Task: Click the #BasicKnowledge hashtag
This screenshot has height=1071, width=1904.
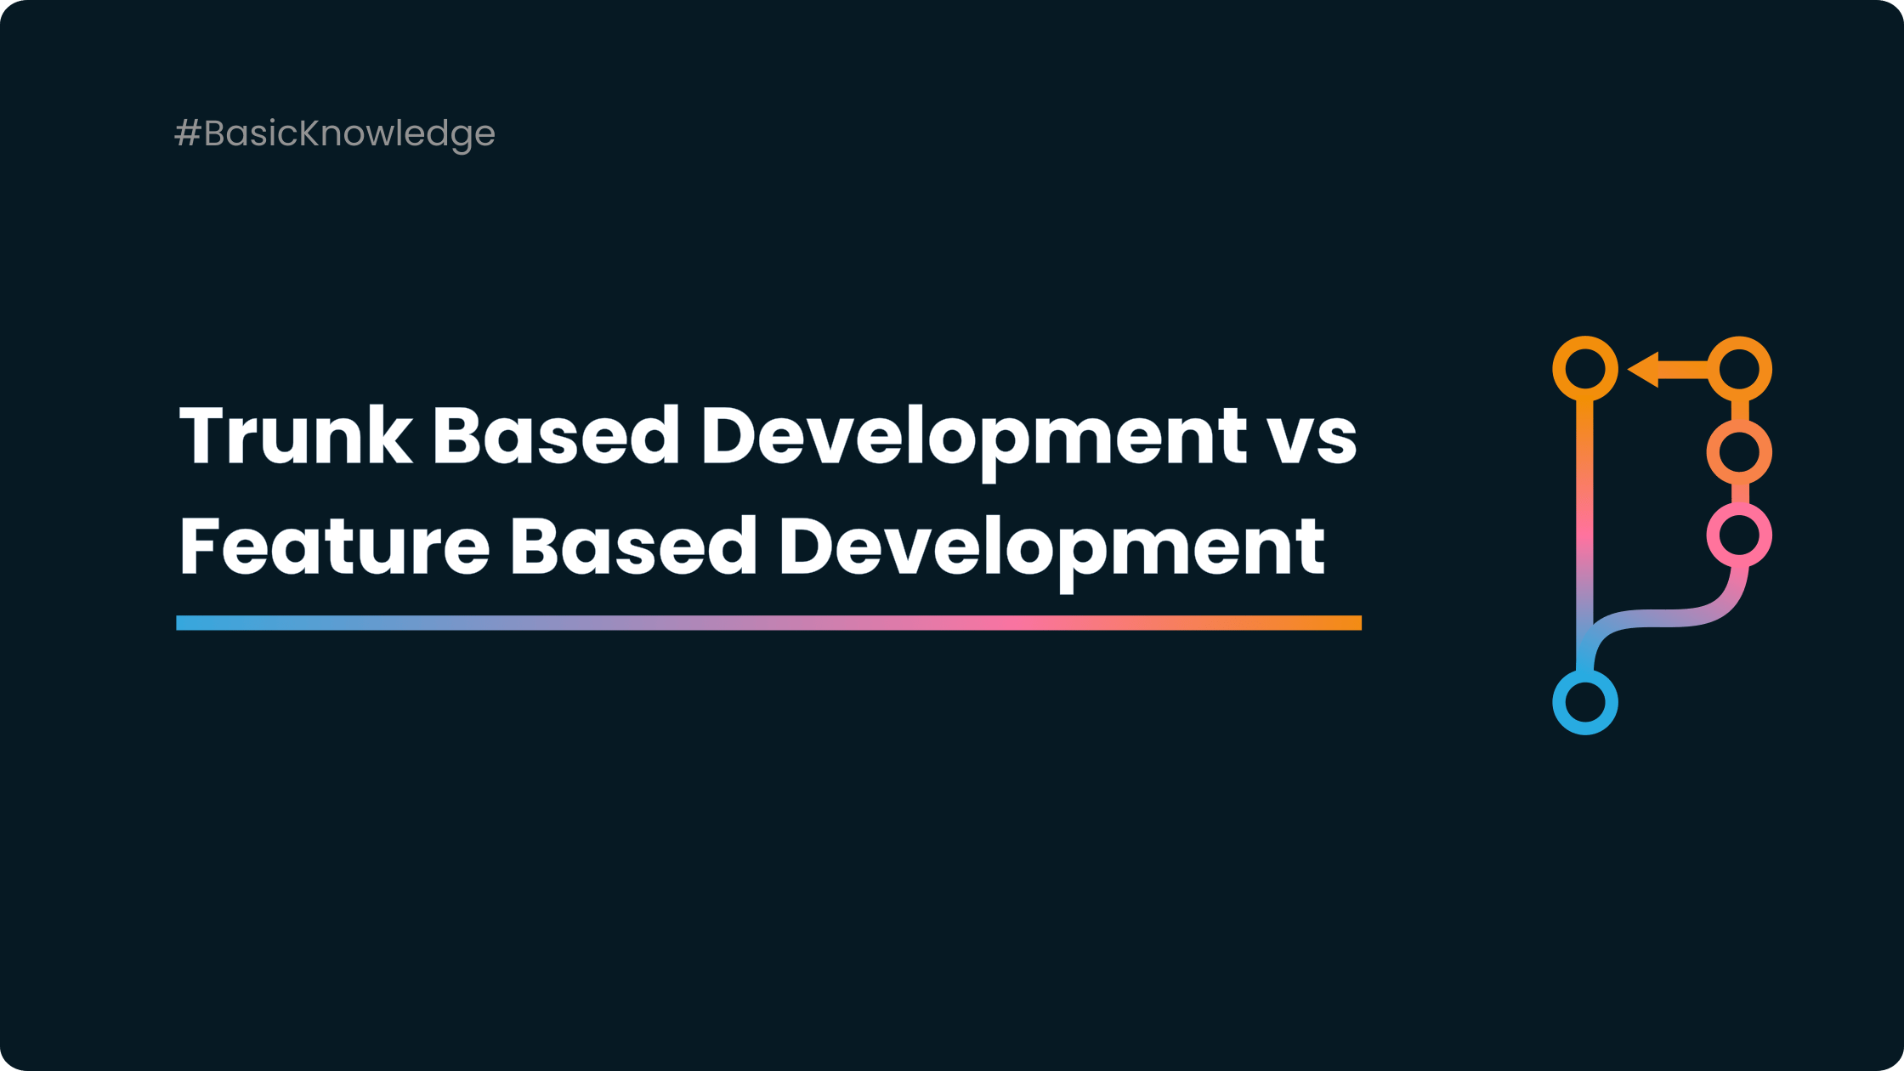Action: click(x=335, y=133)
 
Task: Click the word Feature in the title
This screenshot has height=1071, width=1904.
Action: click(x=334, y=546)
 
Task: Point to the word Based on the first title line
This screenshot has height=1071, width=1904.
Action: click(x=555, y=436)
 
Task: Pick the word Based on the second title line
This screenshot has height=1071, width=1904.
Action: click(x=632, y=546)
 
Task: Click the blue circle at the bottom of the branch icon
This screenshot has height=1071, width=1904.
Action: click(x=1584, y=703)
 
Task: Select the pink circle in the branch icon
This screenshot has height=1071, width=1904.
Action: click(x=1739, y=535)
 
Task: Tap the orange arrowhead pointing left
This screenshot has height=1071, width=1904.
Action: click(x=1644, y=370)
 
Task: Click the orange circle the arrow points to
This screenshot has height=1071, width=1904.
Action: click(x=1584, y=369)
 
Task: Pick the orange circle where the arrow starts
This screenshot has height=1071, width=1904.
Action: click(x=1739, y=369)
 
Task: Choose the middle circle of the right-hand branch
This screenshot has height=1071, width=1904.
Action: click(x=1739, y=452)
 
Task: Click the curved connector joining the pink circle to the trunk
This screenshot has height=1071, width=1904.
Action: click(x=1666, y=618)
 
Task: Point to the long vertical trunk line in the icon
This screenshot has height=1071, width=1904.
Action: click(x=1584, y=510)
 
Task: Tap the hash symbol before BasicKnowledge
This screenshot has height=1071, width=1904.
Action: click(x=186, y=133)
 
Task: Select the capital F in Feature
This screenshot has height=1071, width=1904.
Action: click(x=198, y=546)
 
